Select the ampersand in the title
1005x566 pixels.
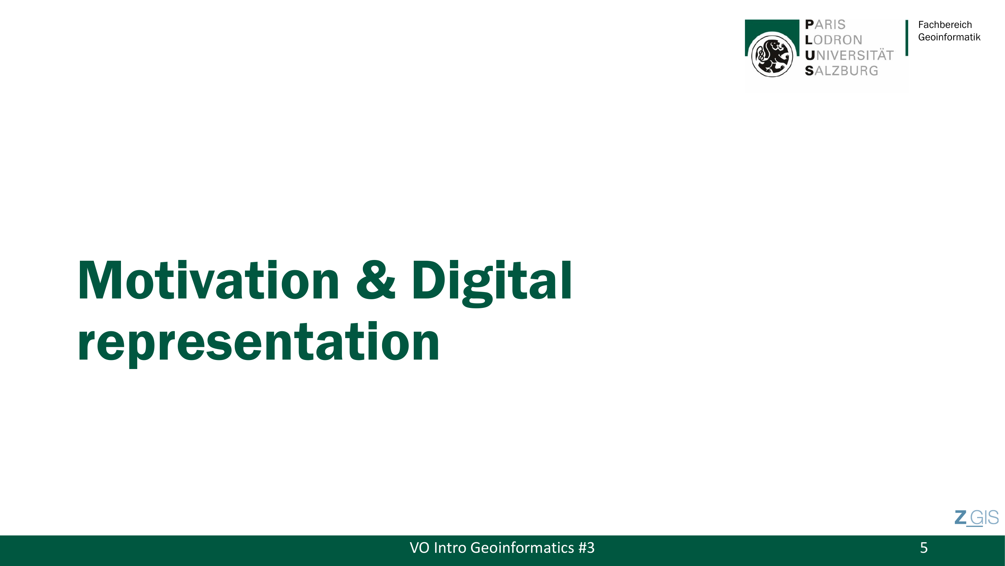pyautogui.click(x=376, y=280)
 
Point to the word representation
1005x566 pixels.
pyautogui.click(x=259, y=344)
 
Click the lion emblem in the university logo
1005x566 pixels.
pyautogui.click(x=772, y=55)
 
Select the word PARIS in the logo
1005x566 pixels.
pyautogui.click(x=825, y=25)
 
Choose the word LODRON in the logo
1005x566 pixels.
pyautogui.click(x=833, y=40)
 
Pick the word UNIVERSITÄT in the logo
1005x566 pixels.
pyautogui.click(x=849, y=55)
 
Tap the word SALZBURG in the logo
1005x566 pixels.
pyautogui.click(x=841, y=71)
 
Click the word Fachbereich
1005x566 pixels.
pyautogui.click(x=945, y=25)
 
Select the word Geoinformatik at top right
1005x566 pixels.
pyautogui.click(x=949, y=37)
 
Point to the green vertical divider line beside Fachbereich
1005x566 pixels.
pyautogui.click(x=907, y=38)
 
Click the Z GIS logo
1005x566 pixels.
pyautogui.click(x=976, y=518)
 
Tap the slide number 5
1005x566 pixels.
pyautogui.click(x=924, y=548)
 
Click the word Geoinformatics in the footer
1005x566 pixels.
pyautogui.click(x=522, y=548)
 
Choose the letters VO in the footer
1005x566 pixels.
pyautogui.click(x=419, y=548)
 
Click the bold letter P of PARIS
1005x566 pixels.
pyautogui.click(x=809, y=25)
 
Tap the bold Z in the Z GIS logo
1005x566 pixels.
pyautogui.click(x=960, y=518)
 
